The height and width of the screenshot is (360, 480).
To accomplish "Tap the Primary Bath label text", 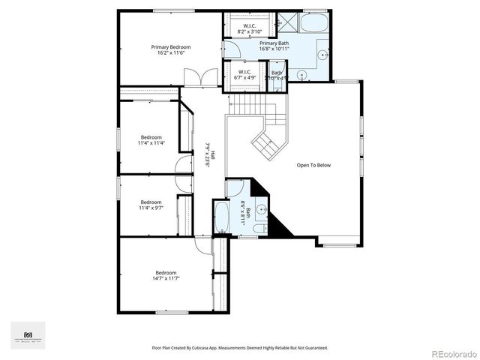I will (274, 43).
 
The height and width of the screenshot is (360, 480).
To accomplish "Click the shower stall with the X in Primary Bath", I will (286, 22).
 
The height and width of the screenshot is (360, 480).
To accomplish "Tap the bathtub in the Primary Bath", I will (314, 22).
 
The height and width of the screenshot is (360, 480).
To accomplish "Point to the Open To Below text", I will (313, 165).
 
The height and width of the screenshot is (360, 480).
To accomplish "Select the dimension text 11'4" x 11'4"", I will (151, 143).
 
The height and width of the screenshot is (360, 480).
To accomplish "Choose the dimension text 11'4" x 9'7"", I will (151, 208).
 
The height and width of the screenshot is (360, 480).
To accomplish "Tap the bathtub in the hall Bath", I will (222, 217).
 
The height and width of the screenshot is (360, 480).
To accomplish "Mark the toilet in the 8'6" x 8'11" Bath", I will (259, 228).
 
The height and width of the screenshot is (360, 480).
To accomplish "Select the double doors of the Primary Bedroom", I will (193, 77).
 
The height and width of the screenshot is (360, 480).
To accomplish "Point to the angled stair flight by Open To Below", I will (267, 142).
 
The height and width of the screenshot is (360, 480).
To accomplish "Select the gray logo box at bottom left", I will (28, 335).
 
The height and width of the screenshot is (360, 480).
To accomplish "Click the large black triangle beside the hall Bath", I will (280, 226).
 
